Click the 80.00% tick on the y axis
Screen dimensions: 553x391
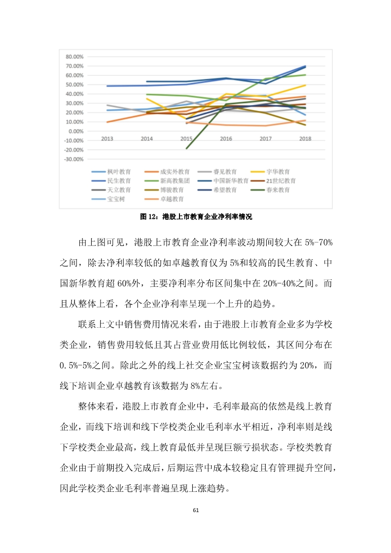[x=74, y=56]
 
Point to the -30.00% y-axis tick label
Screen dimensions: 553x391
[x=73, y=159]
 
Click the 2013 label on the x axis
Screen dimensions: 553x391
[x=107, y=139]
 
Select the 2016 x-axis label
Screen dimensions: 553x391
[x=225, y=139]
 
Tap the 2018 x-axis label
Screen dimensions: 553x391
[x=305, y=139]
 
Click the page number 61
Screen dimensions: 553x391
[x=195, y=510]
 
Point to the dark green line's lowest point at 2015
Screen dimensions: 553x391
[x=186, y=148]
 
